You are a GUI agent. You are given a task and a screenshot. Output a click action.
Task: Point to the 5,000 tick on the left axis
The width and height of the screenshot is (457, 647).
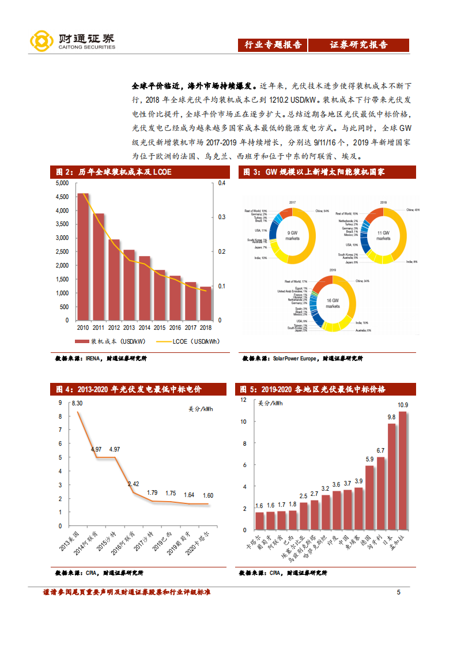pos(62,183)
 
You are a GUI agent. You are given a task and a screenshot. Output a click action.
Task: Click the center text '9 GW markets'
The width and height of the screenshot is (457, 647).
pos(293,235)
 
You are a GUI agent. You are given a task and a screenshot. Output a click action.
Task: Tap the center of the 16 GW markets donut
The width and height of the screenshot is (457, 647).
pos(333,304)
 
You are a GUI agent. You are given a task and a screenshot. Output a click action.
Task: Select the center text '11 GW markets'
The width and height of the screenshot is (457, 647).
pos(384,235)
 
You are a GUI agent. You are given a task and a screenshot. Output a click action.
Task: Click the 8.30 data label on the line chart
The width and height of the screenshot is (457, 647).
pos(77,403)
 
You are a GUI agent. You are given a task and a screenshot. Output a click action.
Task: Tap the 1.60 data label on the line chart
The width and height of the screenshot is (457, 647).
pos(207,495)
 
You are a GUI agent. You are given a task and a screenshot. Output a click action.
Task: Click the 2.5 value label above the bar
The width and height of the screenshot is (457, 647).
pos(304,495)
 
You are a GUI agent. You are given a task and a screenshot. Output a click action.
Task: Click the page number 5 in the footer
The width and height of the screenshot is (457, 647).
pos(398,592)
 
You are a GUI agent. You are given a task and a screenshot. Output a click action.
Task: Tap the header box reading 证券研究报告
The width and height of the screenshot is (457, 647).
pos(358,45)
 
